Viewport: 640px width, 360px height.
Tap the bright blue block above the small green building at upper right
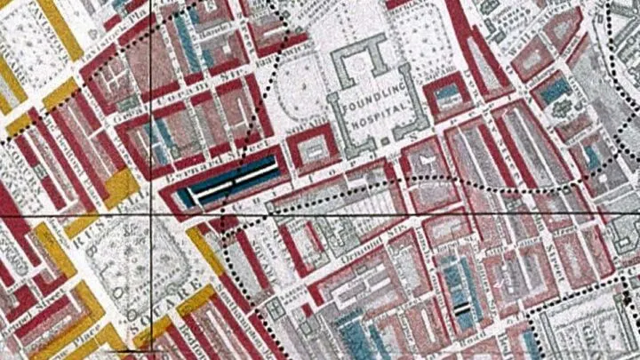[554, 89]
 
